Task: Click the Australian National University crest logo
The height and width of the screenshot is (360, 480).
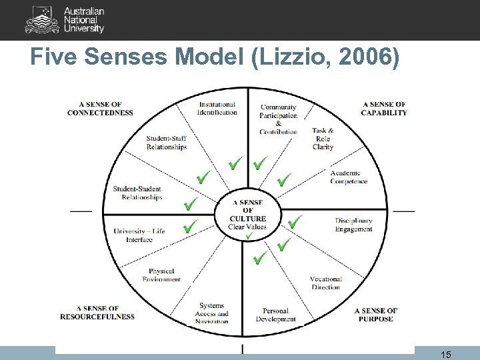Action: [42, 20]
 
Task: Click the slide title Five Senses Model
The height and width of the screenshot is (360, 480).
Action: [215, 59]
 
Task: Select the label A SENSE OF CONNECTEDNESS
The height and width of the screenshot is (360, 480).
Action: [100, 109]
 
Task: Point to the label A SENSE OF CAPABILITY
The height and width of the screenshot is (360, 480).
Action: [384, 109]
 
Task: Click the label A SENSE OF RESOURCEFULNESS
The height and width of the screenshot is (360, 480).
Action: [97, 313]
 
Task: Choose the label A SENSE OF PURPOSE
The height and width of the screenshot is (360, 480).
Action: [375, 315]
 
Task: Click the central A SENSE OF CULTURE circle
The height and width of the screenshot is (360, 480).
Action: [247, 215]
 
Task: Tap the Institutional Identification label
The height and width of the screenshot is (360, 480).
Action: [217, 108]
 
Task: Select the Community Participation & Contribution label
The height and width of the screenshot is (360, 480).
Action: [279, 119]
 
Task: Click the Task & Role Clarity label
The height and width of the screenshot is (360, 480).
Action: [323, 139]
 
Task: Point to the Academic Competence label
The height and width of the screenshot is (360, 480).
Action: [349, 177]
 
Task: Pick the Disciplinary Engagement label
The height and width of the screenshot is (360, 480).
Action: [353, 225]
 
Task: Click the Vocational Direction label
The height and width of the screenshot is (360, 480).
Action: [325, 283]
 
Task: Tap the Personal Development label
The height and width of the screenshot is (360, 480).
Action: [275, 315]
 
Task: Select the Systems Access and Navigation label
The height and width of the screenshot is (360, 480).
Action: [212, 313]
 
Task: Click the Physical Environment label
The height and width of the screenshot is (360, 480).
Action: [161, 275]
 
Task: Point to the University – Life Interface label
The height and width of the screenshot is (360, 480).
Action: [139, 235]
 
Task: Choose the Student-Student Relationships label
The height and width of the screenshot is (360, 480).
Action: [137, 193]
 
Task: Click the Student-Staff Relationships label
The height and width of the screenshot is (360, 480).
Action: [167, 143]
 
